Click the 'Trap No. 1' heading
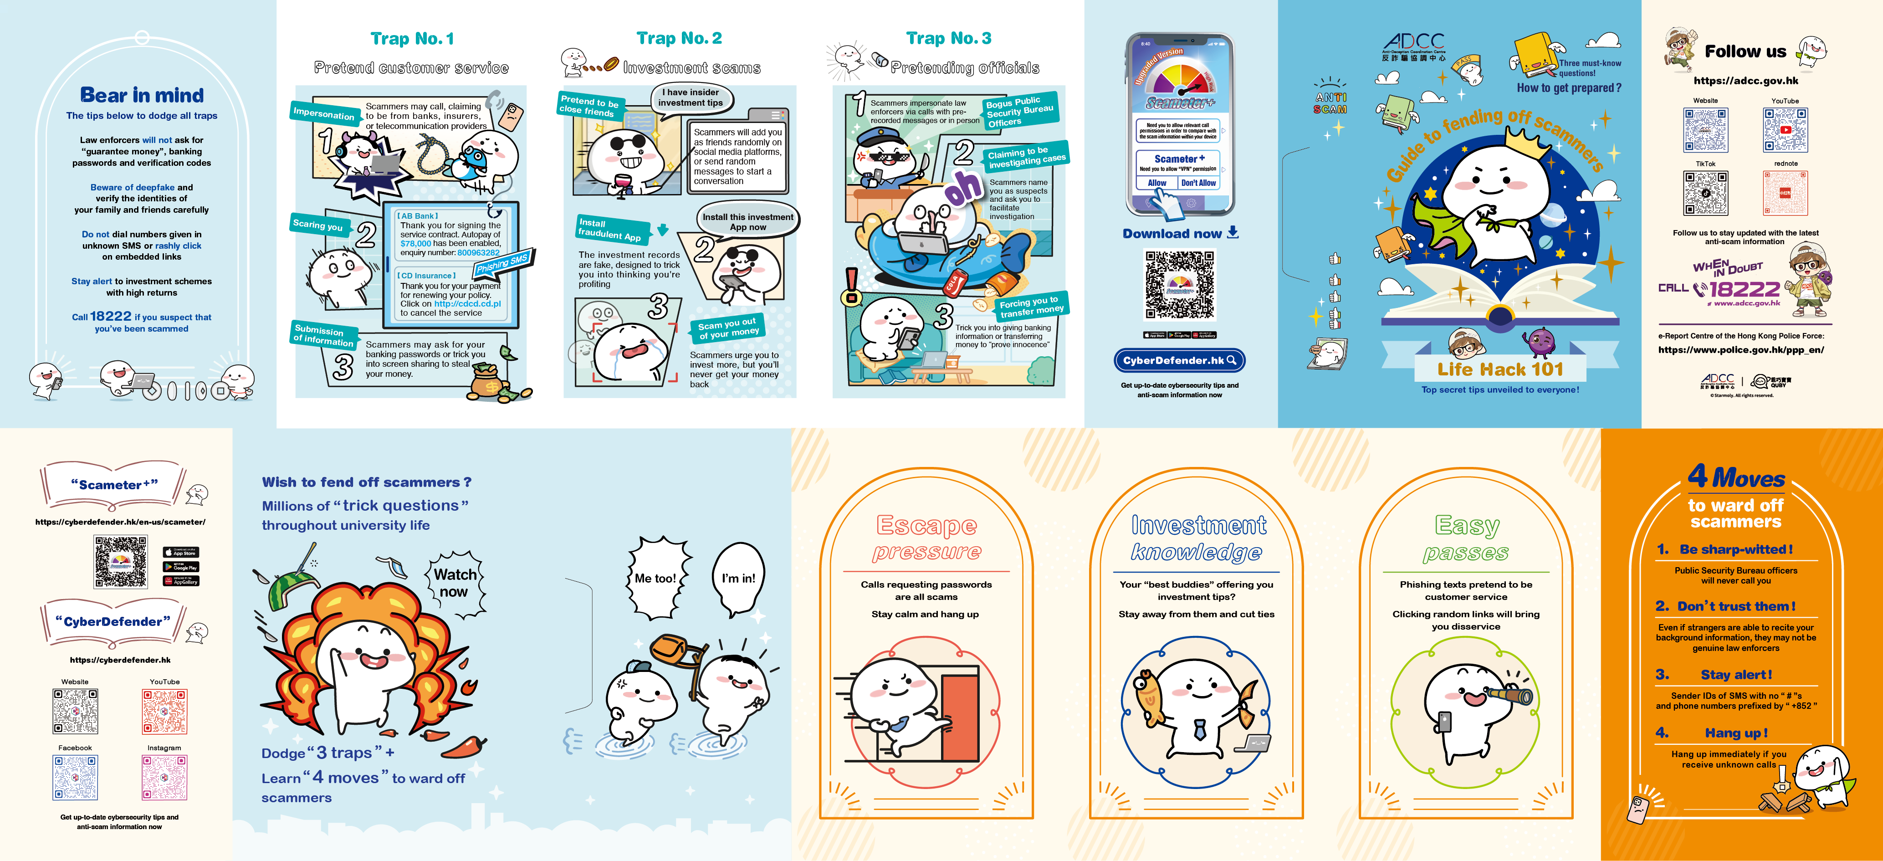[412, 39]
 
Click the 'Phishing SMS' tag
[503, 263]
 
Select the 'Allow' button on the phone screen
[1156, 184]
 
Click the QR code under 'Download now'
[1179, 285]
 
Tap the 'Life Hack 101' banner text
[1500, 369]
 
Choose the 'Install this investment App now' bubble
[747, 221]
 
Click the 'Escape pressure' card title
[926, 537]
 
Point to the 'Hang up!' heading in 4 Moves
[1735, 733]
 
